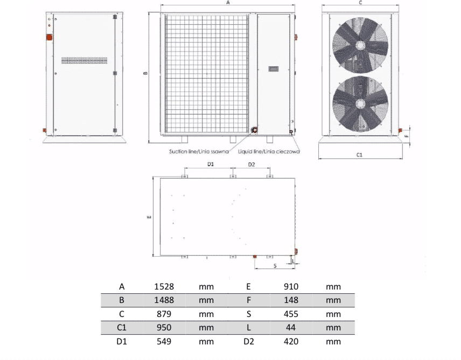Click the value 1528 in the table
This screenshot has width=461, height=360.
tap(164, 286)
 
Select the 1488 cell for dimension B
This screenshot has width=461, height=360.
tap(164, 300)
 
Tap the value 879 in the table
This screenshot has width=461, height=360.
tap(164, 314)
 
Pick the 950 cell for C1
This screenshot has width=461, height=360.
tap(164, 327)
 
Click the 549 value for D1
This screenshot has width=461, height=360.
tap(164, 341)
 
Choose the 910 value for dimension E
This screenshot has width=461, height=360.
tap(291, 286)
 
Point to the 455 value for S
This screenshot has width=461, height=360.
tap(291, 314)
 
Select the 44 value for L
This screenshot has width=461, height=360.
tap(291, 327)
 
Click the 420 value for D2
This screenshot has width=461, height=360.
tap(291, 341)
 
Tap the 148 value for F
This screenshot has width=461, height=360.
tap(291, 300)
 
